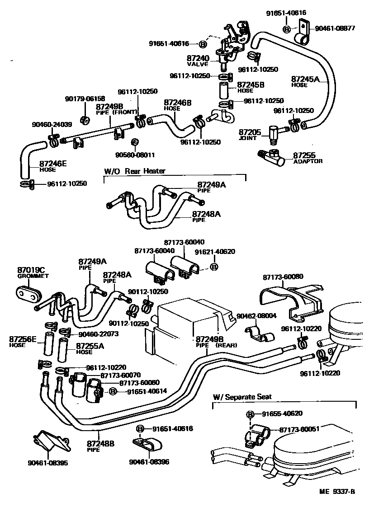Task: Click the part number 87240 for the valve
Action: (198, 59)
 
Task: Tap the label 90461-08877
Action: (335, 28)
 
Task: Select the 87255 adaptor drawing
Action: (271, 156)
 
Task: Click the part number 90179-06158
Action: (85, 99)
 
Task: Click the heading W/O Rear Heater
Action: (134, 171)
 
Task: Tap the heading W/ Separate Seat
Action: (242, 397)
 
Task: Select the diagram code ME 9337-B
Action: (337, 492)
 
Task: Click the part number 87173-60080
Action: (283, 277)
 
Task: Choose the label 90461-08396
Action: (149, 462)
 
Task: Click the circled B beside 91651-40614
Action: (112, 392)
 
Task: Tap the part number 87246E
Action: (53, 164)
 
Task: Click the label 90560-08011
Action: (135, 155)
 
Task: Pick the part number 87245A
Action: (305, 79)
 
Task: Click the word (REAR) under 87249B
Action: (226, 345)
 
